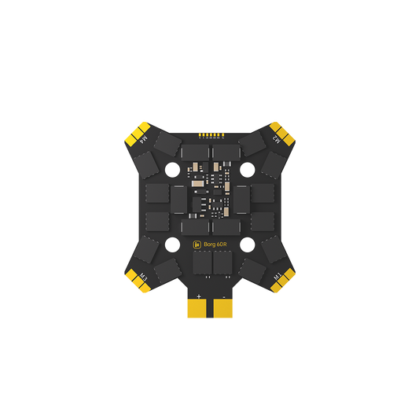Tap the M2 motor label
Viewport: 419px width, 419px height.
pyautogui.click(x=277, y=138)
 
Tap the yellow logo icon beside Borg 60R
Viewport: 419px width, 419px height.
pyautogui.click(x=197, y=245)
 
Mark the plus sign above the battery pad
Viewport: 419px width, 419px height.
pyautogui.click(x=198, y=296)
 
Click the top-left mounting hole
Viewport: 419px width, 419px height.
pyautogui.click(x=172, y=167)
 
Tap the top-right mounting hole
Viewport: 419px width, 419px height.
pyautogui.click(x=247, y=167)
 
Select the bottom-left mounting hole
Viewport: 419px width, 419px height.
pyautogui.click(x=172, y=244)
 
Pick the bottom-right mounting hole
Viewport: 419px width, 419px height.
pyautogui.click(x=247, y=244)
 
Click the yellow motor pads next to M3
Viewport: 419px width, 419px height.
pyautogui.click(x=134, y=281)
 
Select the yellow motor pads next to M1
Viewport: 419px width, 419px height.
pyautogui.click(x=285, y=281)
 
